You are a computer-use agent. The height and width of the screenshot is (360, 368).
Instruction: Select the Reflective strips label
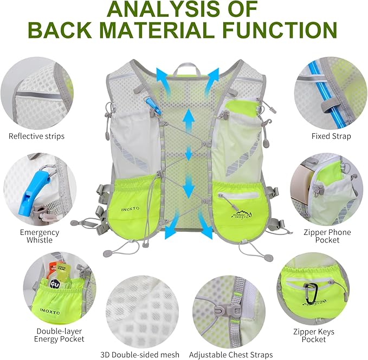(36, 136)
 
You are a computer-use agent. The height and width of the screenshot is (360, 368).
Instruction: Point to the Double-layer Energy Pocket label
(60, 335)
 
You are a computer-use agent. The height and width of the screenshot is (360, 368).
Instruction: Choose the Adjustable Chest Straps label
(231, 355)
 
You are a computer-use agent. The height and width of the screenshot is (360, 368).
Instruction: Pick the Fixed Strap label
(331, 136)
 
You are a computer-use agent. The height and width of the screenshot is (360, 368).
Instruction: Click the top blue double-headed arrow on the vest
(189, 119)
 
